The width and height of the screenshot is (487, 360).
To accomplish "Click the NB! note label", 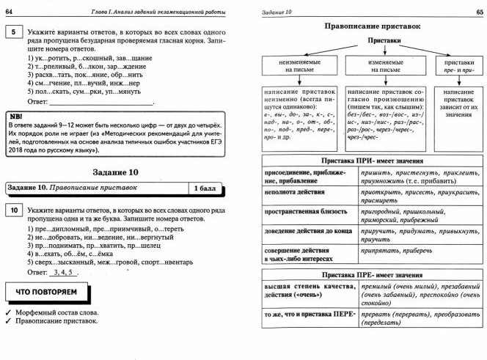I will coord(15,117).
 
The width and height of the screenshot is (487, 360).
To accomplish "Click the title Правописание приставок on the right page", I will coord(374,26).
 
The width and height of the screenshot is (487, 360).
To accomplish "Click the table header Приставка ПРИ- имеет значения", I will coord(374,161).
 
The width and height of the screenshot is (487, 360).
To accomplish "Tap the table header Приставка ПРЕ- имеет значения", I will coord(374,274).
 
